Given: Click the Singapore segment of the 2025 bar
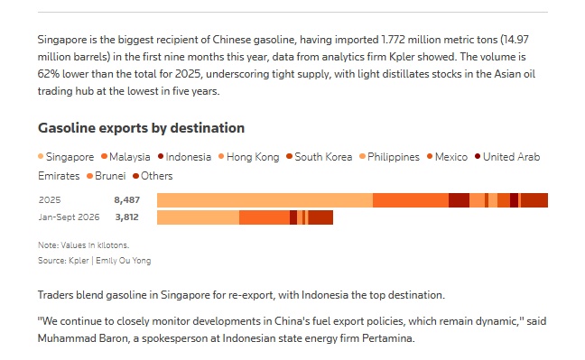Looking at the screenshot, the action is (265, 200).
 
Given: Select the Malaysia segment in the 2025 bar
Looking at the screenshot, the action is (411, 200).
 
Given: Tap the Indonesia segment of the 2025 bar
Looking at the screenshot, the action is (459, 200).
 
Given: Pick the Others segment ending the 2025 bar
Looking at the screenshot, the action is (534, 200).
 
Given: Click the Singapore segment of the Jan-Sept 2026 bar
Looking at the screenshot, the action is (198, 217).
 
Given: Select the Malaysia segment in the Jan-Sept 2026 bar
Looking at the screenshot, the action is (265, 217).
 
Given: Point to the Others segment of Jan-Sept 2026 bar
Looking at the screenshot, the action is (320, 217).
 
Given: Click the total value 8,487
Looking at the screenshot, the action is (127, 200).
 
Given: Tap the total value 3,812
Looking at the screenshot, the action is (127, 217).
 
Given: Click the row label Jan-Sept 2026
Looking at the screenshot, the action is (69, 217).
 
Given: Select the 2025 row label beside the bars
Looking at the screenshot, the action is (50, 200).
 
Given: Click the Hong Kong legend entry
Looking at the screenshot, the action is (249, 157).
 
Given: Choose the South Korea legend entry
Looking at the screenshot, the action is (320, 157).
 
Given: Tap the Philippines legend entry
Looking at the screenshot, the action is (389, 157).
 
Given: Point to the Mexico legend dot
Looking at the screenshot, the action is (430, 156).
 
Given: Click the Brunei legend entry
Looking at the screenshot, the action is (107, 176).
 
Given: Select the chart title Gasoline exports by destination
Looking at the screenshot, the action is (142, 128).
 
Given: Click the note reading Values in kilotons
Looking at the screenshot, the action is (84, 245).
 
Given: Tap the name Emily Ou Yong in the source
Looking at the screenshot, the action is (124, 261).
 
